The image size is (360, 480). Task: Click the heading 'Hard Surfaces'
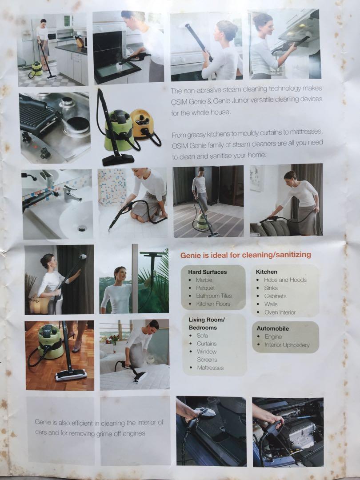pos(207,272)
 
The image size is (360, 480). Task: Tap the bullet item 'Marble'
pos(204,280)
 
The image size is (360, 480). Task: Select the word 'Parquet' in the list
pos(205,288)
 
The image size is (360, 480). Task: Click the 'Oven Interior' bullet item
pos(280,312)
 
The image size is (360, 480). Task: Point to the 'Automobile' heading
pos(272,328)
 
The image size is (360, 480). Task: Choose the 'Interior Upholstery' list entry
pos(287,345)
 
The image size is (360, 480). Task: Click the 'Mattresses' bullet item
pos(210,368)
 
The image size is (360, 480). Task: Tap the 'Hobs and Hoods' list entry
pos(285,280)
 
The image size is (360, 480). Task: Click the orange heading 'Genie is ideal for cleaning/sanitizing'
pos(245,255)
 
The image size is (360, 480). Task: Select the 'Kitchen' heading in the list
pos(266,272)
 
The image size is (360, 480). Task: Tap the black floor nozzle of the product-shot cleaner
pos(118,159)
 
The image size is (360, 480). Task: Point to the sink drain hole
pos(82,228)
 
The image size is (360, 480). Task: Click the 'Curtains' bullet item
pos(206,344)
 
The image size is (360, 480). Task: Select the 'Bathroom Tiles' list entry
pos(214,296)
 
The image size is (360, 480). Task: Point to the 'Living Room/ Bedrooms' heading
pos(206,324)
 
